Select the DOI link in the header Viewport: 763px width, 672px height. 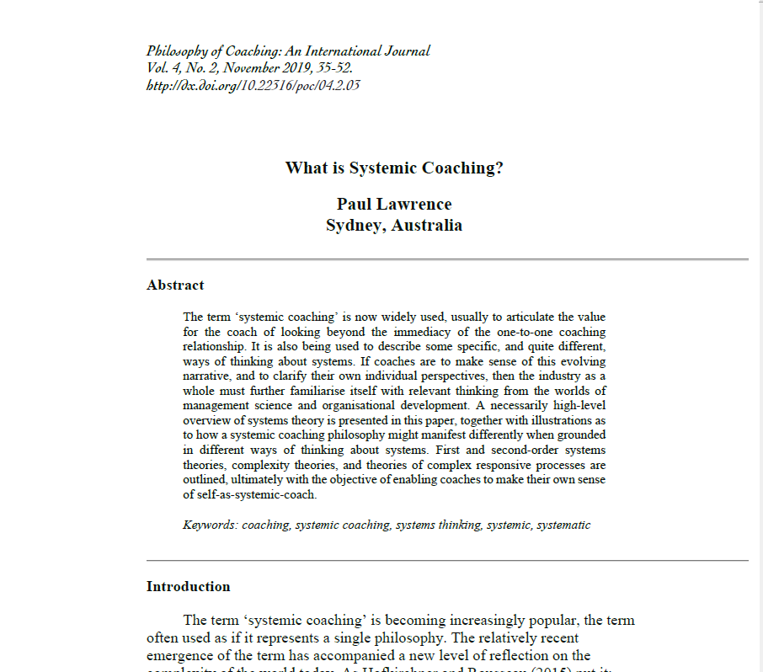click(253, 85)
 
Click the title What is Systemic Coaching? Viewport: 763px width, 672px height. click(394, 168)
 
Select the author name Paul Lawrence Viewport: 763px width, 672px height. click(394, 204)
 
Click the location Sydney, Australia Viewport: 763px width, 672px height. click(394, 225)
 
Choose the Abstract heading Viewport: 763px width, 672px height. click(175, 285)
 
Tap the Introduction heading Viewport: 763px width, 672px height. click(188, 586)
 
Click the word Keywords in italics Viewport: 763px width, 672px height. click(210, 525)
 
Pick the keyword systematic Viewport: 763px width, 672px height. click(563, 525)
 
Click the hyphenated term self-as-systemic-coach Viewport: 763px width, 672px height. click(250, 494)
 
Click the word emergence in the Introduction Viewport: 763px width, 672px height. click(181, 655)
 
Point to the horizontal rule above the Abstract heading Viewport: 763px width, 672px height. click(447, 259)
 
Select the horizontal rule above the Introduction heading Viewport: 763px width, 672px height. click(447, 560)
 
